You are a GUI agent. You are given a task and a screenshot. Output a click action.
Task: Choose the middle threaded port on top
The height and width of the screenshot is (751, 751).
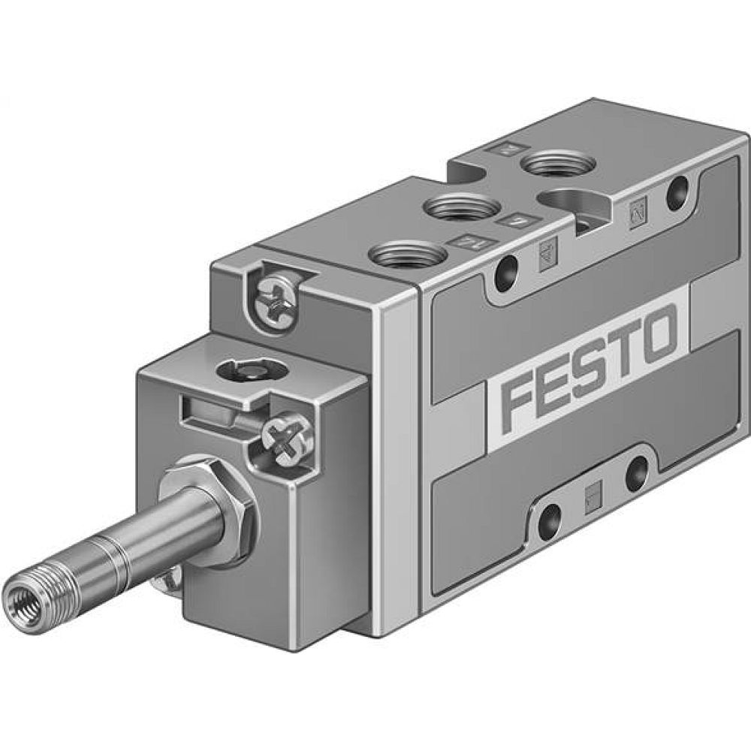462,207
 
